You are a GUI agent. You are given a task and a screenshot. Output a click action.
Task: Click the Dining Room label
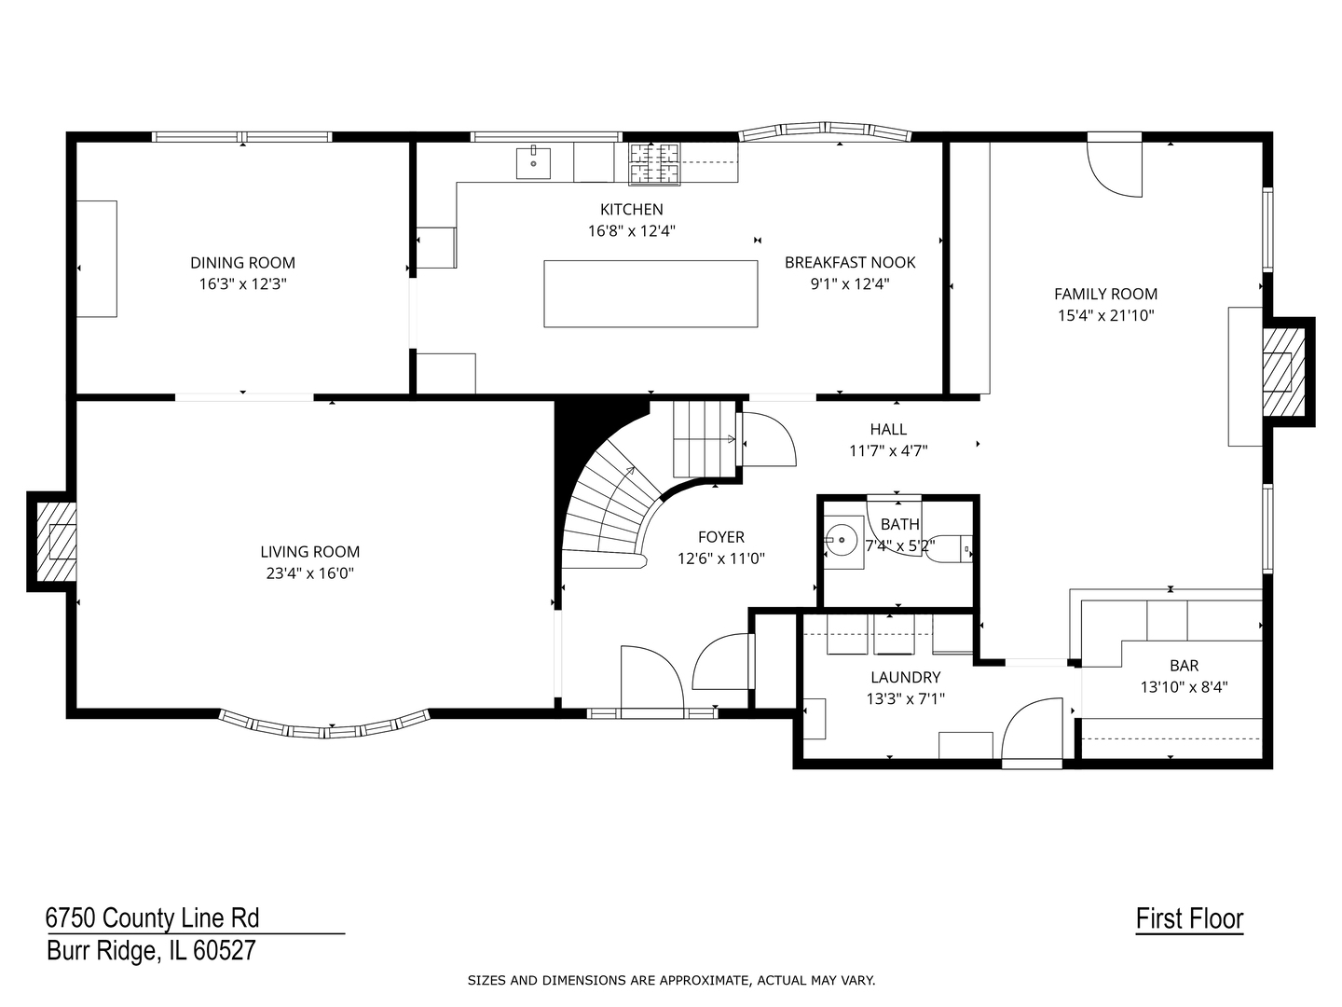242,263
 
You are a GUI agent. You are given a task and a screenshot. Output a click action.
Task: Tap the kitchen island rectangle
650,294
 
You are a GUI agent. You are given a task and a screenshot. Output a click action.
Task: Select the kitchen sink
533,162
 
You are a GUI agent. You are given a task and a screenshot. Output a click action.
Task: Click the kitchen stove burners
654,163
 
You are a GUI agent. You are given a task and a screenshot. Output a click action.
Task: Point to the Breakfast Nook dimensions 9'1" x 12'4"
850,284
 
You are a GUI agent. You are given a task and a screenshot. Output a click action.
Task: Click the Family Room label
1105,294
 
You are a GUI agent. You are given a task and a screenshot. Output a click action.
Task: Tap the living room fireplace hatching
57,541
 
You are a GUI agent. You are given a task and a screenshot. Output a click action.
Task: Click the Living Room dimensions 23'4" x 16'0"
310,573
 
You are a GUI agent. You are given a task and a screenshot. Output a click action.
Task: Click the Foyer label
720,537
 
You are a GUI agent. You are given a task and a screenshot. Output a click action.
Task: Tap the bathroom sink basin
842,540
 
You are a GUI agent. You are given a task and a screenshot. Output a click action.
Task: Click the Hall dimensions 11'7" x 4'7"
888,451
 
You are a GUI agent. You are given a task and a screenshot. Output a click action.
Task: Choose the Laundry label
906,677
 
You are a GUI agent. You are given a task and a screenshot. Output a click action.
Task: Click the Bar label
1184,665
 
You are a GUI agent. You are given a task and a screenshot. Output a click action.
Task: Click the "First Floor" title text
1189,919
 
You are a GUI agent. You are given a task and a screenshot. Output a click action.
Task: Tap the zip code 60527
225,951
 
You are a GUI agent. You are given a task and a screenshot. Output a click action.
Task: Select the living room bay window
324,725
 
